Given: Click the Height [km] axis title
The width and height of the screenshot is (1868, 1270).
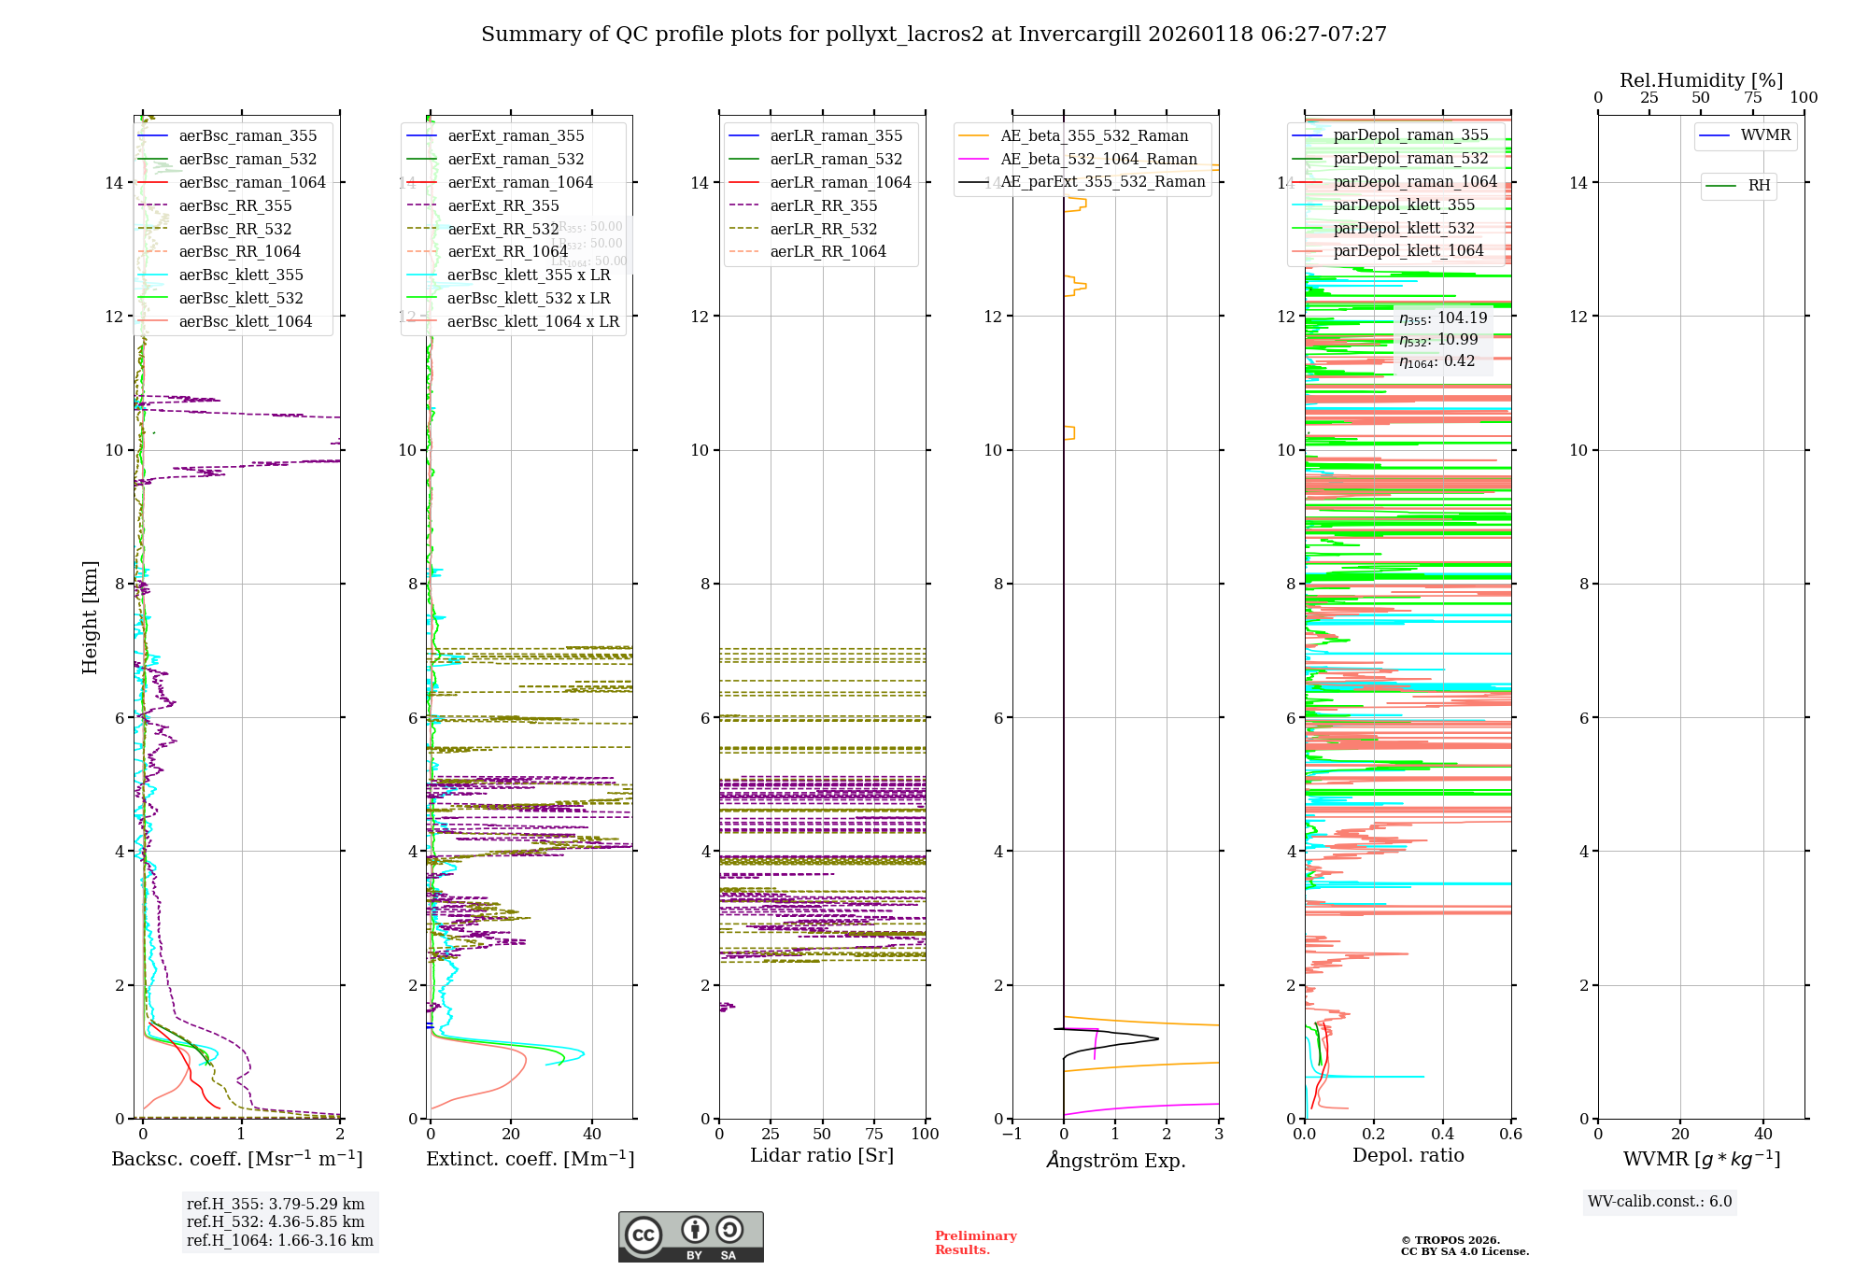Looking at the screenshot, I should pyautogui.click(x=90, y=617).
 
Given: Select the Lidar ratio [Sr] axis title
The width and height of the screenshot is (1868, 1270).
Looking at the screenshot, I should pyautogui.click(x=822, y=1156).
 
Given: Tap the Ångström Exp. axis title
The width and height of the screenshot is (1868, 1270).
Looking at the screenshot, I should pyautogui.click(x=1115, y=1161).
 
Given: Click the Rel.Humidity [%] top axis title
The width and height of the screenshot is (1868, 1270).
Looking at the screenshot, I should pyautogui.click(x=1701, y=80).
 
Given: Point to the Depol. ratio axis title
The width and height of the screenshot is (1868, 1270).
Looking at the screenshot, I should pyautogui.click(x=1408, y=1156).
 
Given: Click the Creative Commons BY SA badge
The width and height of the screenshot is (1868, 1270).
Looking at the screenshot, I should pyautogui.click(x=690, y=1236).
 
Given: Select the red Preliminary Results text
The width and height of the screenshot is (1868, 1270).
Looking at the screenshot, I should pyautogui.click(x=975, y=1243).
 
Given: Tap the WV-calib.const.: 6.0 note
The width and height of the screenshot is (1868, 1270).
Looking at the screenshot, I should pyautogui.click(x=1660, y=1202).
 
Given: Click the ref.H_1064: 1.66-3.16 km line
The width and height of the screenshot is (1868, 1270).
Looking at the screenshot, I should pyautogui.click(x=279, y=1241).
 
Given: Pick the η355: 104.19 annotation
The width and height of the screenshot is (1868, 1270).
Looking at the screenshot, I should pyautogui.click(x=1443, y=318).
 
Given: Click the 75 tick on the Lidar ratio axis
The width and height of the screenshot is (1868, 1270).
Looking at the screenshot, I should pyautogui.click(x=874, y=1134).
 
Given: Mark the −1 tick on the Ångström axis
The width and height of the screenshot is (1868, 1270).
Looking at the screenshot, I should pyautogui.click(x=1012, y=1135).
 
